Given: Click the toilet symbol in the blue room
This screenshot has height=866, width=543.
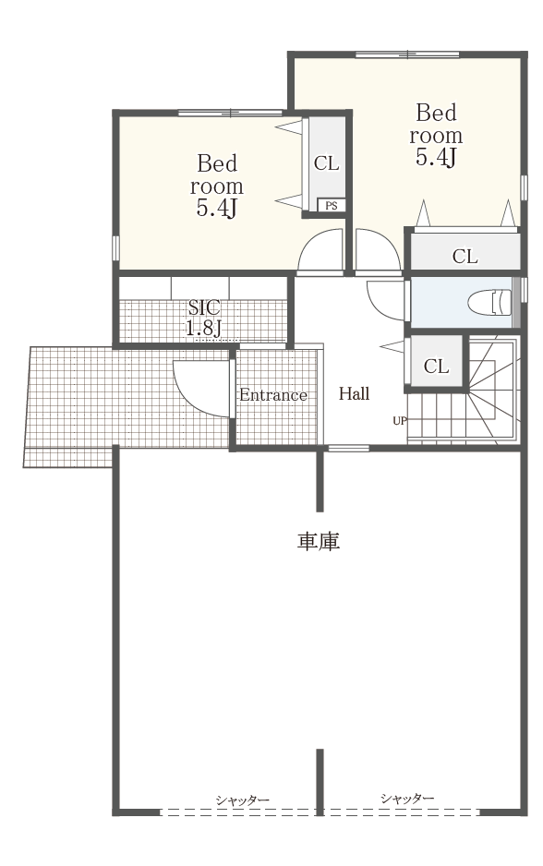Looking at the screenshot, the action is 489,303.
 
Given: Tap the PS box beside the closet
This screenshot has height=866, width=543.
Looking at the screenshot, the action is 331,206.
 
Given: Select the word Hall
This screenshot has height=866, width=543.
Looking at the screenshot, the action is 354,394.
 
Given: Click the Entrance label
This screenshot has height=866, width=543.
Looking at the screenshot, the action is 272,395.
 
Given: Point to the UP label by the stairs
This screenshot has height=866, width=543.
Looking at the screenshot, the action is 400,421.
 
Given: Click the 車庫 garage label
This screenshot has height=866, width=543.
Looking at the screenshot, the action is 319,541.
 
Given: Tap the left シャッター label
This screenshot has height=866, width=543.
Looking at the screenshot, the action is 243,800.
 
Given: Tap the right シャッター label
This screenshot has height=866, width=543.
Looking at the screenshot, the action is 407,798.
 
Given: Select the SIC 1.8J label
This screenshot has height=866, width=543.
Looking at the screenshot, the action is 204,319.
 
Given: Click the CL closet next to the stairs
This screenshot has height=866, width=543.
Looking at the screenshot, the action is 436,367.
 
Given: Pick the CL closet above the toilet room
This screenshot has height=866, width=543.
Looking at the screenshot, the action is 465,257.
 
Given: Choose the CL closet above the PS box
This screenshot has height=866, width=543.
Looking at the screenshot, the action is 327,163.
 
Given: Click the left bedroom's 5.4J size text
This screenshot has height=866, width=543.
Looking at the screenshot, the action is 217,209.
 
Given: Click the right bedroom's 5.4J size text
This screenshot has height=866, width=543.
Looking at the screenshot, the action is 437,157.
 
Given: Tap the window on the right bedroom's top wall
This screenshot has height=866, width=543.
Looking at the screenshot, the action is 407,54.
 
